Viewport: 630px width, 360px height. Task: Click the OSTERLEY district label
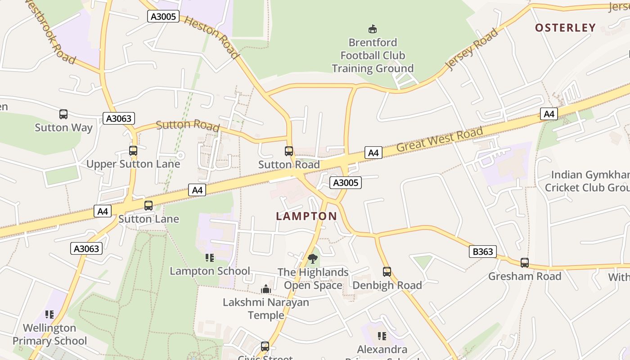[x=565, y=28]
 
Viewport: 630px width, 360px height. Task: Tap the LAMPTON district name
[x=306, y=216]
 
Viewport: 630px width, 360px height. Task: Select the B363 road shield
[x=483, y=252]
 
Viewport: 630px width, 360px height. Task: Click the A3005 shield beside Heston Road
[x=163, y=17]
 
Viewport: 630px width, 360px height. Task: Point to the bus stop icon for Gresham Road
[x=525, y=263]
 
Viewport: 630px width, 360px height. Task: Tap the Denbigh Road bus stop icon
[x=387, y=272]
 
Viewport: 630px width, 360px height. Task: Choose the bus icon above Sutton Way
[x=63, y=114]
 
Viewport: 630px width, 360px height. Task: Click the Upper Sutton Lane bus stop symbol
[x=133, y=151]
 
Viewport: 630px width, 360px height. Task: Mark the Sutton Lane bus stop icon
[x=148, y=206]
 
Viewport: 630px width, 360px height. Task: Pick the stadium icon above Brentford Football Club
[x=372, y=29]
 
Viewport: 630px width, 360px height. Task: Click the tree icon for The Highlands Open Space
[x=313, y=259]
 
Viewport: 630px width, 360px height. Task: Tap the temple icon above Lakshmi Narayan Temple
[x=266, y=289]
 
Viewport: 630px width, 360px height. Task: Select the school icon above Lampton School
[x=210, y=258]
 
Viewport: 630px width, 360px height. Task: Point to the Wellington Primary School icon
[x=49, y=315]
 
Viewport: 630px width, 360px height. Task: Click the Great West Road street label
[x=440, y=140]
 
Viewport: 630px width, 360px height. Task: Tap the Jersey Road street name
[x=472, y=49]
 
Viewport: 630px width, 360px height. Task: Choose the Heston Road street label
[x=211, y=38]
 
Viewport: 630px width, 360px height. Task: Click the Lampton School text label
[x=210, y=271]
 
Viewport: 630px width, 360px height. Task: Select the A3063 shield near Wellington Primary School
[x=86, y=248]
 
